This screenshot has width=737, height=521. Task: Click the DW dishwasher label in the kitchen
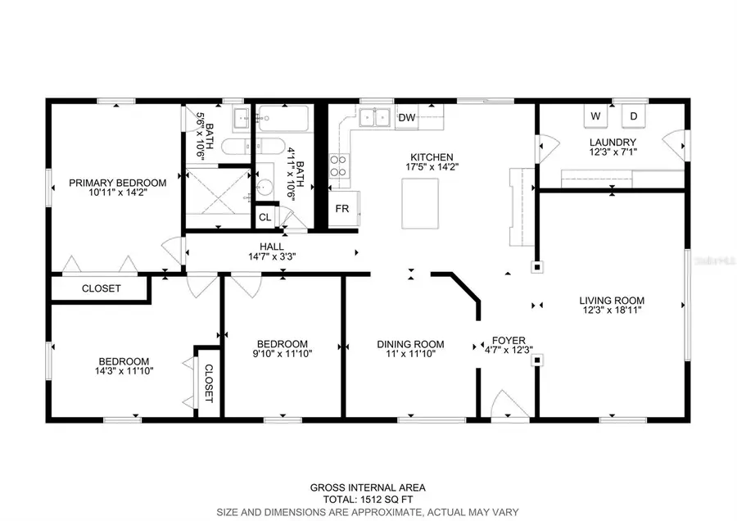click(x=406, y=118)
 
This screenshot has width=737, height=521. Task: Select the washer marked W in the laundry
click(x=596, y=116)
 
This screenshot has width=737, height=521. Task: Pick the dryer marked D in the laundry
click(x=634, y=116)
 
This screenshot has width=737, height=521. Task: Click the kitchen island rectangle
click(x=420, y=204)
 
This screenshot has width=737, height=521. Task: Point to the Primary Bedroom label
click(x=117, y=183)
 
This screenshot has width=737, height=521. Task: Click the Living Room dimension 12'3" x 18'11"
click(x=612, y=310)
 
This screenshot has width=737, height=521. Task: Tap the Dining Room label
click(x=410, y=344)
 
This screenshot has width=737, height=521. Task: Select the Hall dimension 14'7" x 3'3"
click(x=272, y=256)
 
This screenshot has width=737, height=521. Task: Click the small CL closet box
click(x=265, y=217)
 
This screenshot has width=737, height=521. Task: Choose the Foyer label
click(x=509, y=340)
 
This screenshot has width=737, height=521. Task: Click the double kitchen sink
click(x=374, y=117)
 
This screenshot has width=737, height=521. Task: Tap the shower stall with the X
click(x=218, y=197)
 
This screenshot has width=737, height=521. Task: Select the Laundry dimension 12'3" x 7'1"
click(x=613, y=152)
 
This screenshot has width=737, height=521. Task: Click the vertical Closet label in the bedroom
click(x=209, y=383)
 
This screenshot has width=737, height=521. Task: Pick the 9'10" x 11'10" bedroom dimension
click(x=283, y=353)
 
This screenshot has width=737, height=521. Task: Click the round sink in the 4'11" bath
click(x=265, y=188)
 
